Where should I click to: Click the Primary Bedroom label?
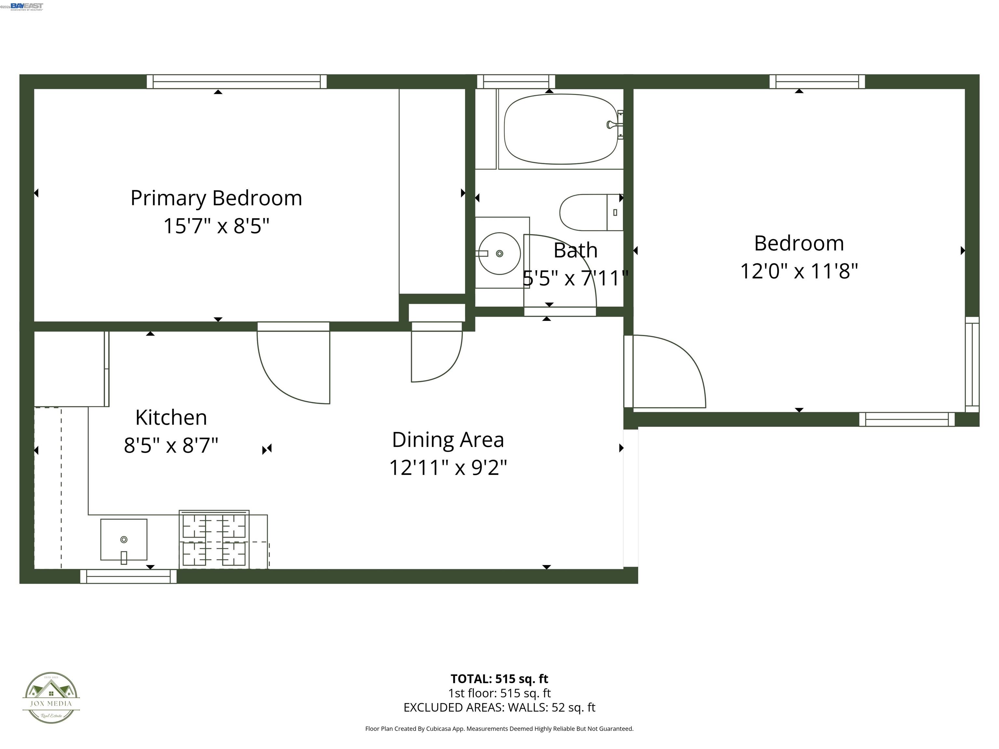point(216,198)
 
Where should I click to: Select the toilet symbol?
point(589,212)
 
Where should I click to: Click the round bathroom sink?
point(499,253)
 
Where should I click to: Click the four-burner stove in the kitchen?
point(214,540)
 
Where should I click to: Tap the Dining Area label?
point(447,440)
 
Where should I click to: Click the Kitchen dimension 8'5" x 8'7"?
point(171,446)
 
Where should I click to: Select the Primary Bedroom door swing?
point(294,366)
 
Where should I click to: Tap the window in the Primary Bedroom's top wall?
point(236,82)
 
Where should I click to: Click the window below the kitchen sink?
point(128,576)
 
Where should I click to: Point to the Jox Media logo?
point(51,698)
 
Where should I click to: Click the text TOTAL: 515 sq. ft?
point(499,678)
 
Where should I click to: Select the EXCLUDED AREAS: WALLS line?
point(499,707)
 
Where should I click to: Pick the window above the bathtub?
point(516,82)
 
